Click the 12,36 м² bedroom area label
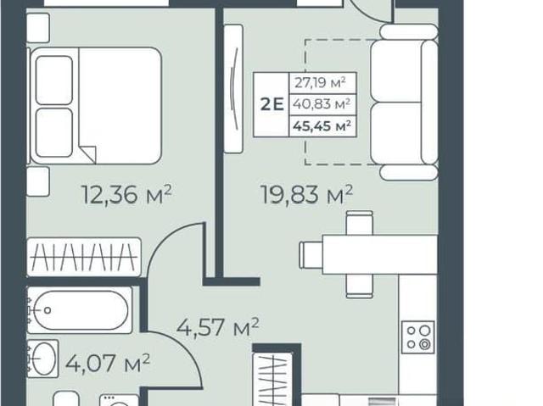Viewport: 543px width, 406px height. [126, 194]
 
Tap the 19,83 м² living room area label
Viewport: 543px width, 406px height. [306, 194]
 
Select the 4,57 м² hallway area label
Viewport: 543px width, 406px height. [218, 327]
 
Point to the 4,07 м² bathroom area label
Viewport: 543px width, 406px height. [108, 363]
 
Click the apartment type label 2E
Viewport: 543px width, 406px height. [272, 104]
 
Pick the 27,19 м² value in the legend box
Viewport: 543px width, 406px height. [321, 83]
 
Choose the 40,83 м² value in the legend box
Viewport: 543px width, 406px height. [322, 103]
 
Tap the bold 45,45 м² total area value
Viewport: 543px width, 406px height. [322, 126]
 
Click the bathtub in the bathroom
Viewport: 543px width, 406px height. [80, 310]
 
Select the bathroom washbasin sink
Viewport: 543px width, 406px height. [43, 359]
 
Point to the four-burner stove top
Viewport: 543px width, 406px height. [418, 337]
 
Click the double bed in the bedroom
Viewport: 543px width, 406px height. [96, 105]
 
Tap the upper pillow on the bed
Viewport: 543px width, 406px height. [54, 81]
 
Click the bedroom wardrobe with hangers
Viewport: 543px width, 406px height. [84, 257]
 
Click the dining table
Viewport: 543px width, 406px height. [380, 255]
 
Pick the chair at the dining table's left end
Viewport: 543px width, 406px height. [311, 255]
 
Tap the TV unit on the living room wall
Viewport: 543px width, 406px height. [233, 88]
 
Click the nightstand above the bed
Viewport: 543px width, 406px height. [37, 28]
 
